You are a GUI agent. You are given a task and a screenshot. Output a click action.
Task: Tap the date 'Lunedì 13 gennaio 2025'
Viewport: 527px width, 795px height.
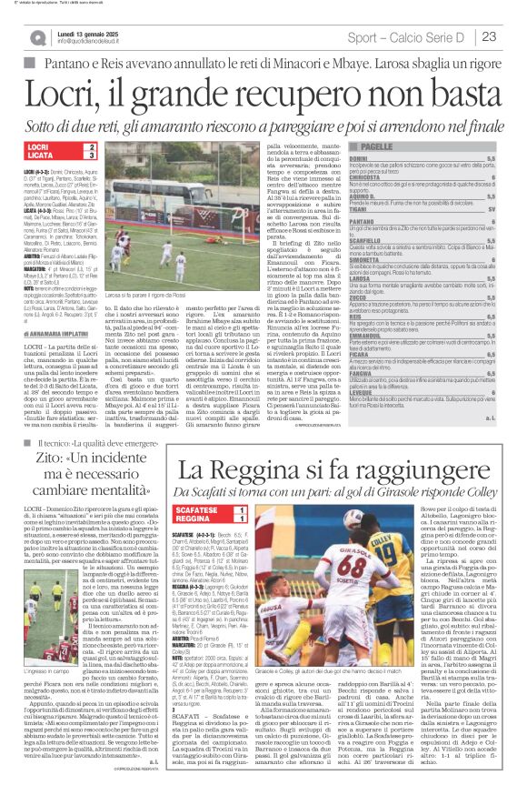87,32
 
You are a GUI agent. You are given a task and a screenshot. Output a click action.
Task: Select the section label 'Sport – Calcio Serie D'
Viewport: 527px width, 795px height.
409,36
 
